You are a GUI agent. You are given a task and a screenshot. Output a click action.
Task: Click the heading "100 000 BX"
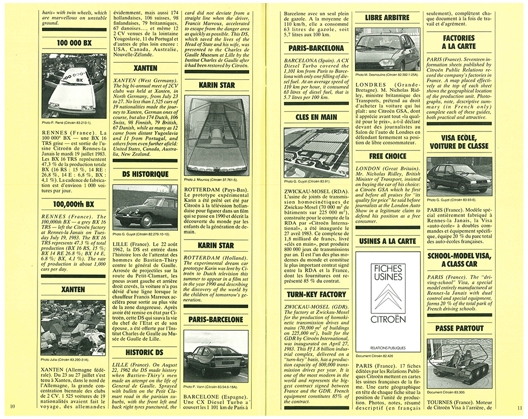click(74, 42)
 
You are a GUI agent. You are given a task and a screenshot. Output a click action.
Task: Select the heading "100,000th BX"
click(74, 203)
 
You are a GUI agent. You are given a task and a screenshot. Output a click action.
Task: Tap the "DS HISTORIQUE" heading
click(145, 174)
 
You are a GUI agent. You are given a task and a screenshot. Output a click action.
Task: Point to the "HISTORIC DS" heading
click(145, 353)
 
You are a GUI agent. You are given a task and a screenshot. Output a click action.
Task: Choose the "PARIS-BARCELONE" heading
click(215, 320)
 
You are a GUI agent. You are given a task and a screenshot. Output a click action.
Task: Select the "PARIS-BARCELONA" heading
click(316, 48)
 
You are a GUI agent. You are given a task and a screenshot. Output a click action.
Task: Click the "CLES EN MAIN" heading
click(316, 118)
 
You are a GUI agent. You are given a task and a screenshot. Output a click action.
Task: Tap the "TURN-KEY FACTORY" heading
click(316, 294)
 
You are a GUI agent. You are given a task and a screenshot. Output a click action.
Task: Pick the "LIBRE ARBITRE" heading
click(388, 17)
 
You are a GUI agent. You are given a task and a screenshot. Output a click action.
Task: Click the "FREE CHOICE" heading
click(388, 156)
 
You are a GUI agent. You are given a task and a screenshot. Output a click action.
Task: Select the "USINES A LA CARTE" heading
click(388, 242)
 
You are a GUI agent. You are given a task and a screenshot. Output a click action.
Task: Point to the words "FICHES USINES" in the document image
click(388, 273)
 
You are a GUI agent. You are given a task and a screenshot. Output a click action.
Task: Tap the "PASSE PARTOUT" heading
click(459, 328)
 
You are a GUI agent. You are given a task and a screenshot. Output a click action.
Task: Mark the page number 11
click(519, 406)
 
